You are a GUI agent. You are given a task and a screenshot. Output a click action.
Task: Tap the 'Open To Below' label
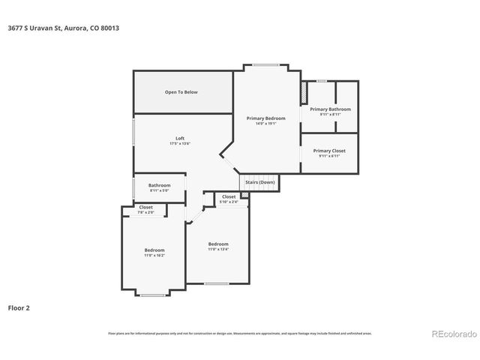point(181,92)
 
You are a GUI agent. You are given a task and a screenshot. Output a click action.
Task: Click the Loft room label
point(180,138)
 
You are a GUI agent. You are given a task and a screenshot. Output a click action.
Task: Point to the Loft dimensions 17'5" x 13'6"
point(180,143)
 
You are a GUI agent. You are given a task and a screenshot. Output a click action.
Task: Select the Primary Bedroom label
point(266,118)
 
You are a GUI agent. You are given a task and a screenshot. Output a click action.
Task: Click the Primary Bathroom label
point(330,109)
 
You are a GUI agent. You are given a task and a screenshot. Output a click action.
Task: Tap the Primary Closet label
point(330,151)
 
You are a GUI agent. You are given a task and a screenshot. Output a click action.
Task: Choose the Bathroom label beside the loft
point(159,185)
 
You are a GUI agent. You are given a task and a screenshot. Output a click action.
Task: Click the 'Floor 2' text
point(19,307)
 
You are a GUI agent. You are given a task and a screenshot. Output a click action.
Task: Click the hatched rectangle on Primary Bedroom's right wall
point(304,94)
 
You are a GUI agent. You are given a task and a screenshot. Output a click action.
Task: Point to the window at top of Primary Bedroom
point(265,65)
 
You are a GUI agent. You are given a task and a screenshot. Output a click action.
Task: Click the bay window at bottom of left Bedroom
point(153,295)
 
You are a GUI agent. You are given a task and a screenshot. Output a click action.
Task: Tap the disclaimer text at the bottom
point(240,333)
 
